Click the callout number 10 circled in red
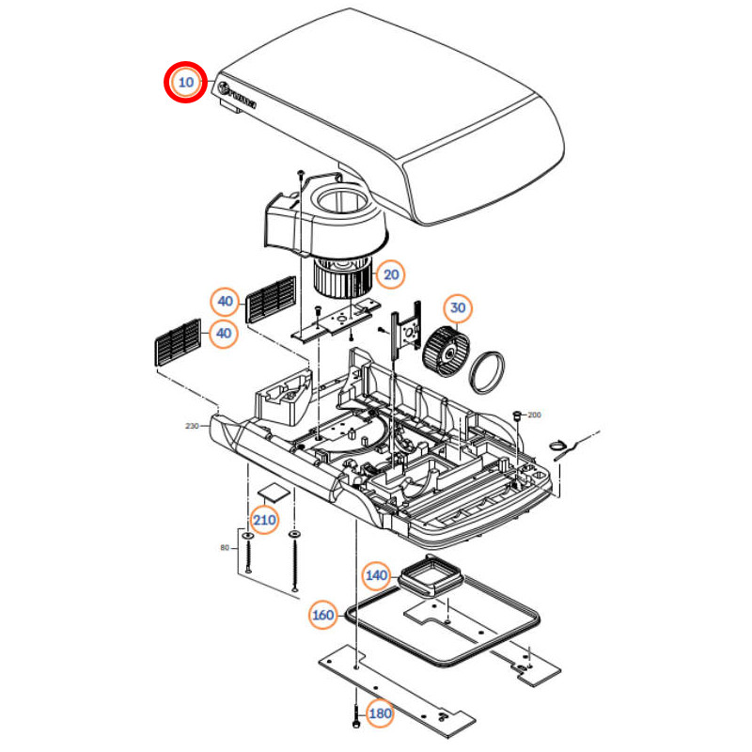(186, 82)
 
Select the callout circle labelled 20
(391, 274)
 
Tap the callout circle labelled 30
(458, 307)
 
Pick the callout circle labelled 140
(377, 574)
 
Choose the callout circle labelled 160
(322, 616)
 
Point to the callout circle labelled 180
(381, 713)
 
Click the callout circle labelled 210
(264, 520)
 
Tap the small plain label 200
(535, 415)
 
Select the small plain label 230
(193, 426)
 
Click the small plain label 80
(224, 547)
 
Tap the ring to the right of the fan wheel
(487, 370)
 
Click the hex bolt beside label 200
(516, 415)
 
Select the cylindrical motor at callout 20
(342, 277)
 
